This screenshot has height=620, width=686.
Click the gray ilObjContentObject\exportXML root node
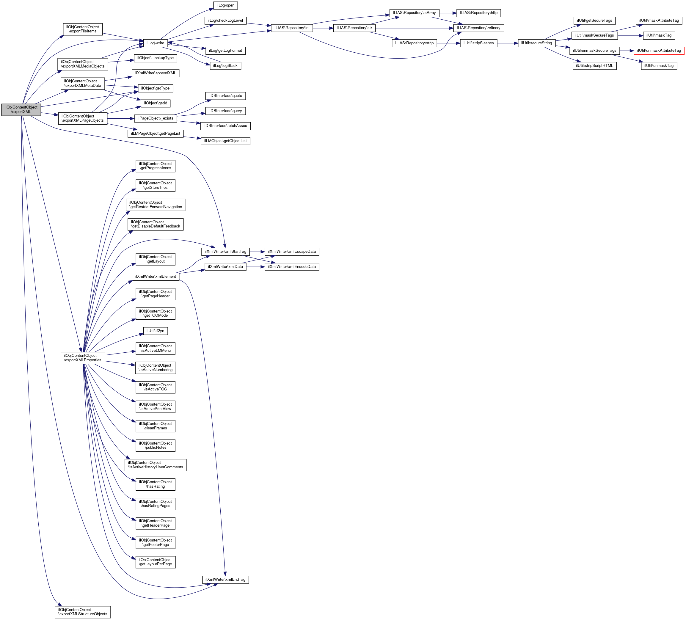pos(21,109)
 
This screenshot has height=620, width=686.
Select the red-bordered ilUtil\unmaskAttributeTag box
pos(659,51)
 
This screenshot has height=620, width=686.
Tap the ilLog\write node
pos(155,43)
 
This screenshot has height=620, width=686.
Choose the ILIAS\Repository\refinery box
pos(478,28)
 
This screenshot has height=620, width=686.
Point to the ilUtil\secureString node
pos(536,43)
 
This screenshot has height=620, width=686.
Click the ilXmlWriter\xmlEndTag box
pos(225,580)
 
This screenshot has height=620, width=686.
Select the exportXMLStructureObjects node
pos(83,612)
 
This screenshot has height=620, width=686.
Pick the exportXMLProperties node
pos(83,358)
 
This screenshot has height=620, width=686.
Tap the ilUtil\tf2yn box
pos(156,331)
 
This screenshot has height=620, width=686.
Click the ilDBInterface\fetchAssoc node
pos(225,126)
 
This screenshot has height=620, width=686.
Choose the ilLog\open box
pos(225,5)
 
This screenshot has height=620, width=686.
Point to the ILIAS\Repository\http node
pos(478,13)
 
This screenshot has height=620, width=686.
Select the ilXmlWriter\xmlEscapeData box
pos(292,252)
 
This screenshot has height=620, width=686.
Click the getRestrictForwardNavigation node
pos(156,205)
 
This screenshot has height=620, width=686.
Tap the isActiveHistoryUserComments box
pos(156,465)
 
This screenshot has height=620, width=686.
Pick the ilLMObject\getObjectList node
pos(225,141)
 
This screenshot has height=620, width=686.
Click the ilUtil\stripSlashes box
pos(478,43)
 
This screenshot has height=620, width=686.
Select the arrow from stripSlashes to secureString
pos(507,43)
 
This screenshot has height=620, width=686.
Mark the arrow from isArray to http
pos(448,13)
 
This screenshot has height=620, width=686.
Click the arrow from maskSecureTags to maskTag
pos(630,35)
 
